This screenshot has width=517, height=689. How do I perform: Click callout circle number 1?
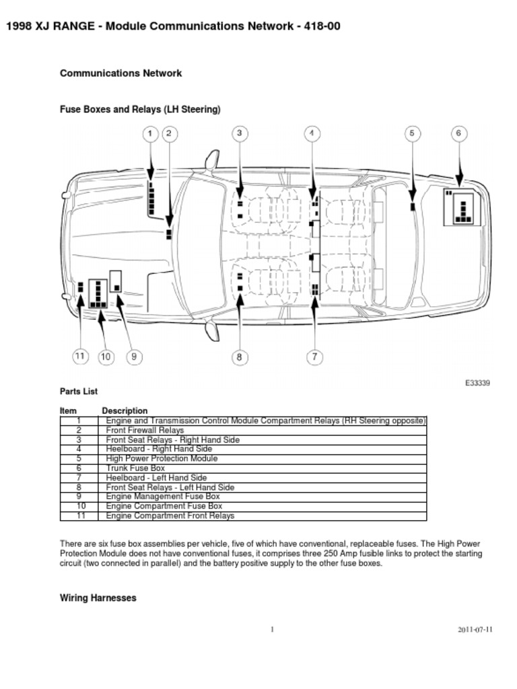(x=151, y=133)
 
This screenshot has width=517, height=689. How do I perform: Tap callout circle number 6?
(x=458, y=133)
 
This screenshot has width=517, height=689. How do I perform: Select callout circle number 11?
(x=80, y=357)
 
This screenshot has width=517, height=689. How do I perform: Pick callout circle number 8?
(x=239, y=357)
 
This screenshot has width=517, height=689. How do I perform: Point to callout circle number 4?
(x=312, y=133)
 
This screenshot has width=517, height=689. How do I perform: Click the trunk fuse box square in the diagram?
(x=462, y=207)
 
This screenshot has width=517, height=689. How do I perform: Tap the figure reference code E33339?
(x=477, y=383)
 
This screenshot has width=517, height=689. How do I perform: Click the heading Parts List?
(x=79, y=391)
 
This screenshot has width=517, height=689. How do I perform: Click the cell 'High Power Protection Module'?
(x=162, y=458)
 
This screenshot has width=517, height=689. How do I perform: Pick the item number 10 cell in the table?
(x=79, y=506)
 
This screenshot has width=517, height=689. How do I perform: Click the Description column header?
(x=125, y=410)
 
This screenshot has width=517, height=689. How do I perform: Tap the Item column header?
(x=68, y=410)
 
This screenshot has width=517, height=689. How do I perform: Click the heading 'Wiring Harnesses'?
(x=98, y=597)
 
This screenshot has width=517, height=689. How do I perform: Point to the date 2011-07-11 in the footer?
(x=475, y=630)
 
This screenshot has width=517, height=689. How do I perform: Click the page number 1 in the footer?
(x=272, y=630)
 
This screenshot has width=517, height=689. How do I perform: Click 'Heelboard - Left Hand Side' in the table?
(x=151, y=477)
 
